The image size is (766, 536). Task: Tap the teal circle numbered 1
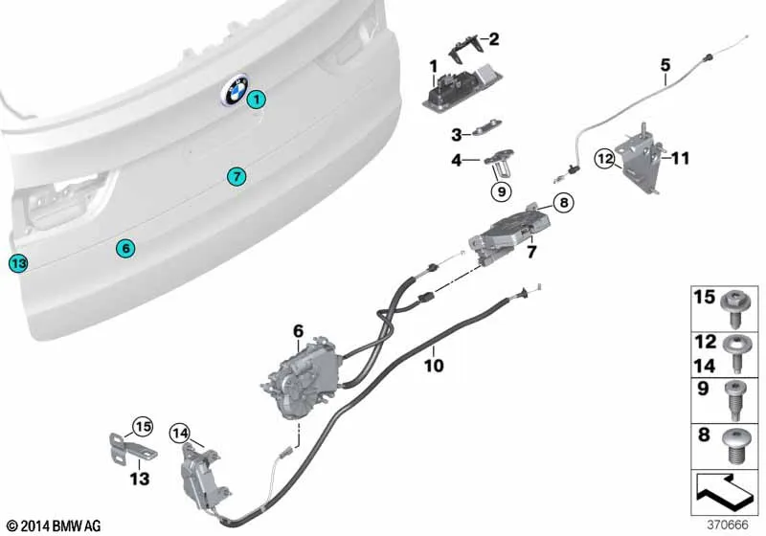coord(256,100)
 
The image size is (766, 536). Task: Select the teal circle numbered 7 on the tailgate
coord(237,176)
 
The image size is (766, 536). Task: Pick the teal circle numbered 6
coord(125,249)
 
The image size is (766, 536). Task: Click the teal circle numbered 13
coord(18,263)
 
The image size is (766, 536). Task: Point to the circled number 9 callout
coord(502,191)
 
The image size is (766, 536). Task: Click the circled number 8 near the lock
coord(564,202)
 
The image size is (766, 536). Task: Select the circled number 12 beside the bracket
coord(605,159)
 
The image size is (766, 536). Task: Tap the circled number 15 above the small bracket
coord(143,427)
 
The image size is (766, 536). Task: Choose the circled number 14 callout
coord(180,433)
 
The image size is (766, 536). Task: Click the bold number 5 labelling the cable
coord(665,65)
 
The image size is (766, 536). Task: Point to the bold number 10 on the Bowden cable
coord(434,365)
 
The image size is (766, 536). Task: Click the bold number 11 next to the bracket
coord(680,158)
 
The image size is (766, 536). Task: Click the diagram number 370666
coord(728,525)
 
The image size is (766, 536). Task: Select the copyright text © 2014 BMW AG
coord(55,525)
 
